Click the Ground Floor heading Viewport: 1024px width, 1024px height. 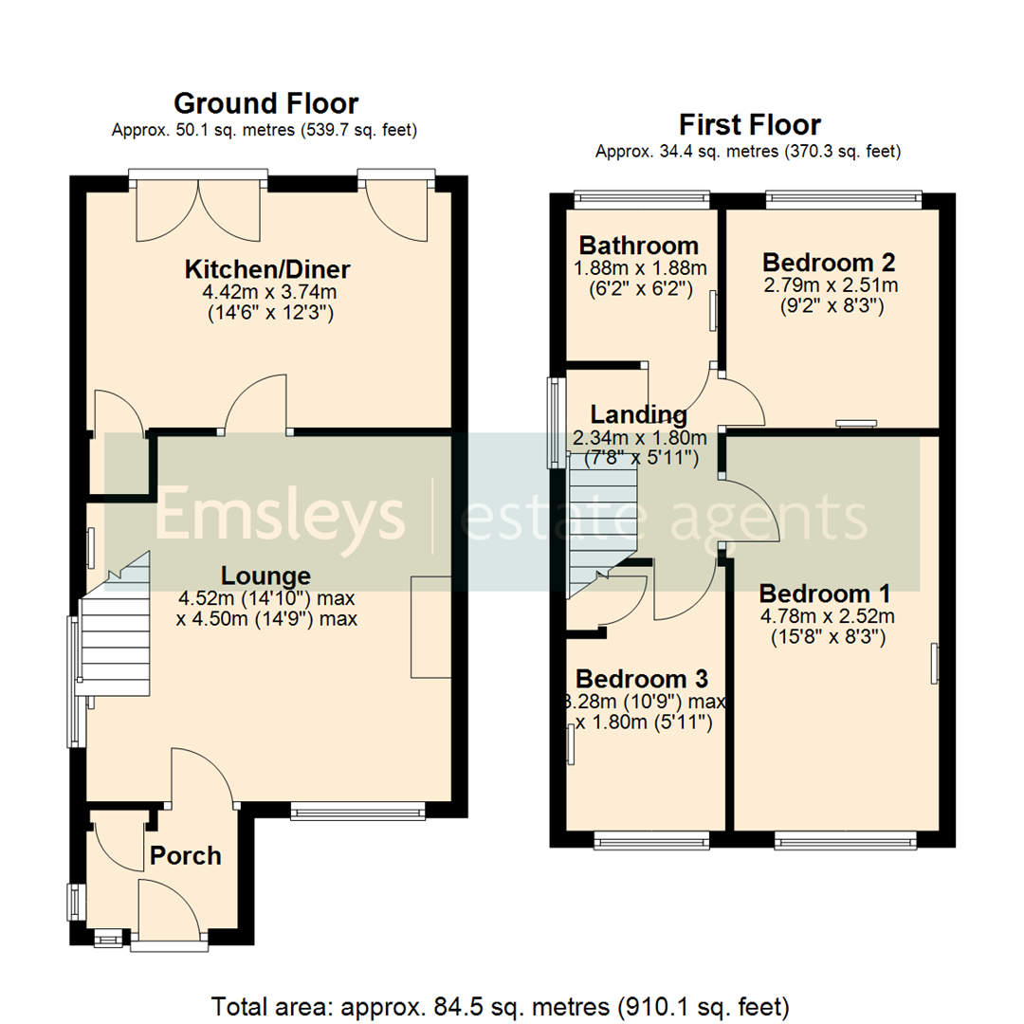[265, 102]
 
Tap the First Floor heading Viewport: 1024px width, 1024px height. [749, 124]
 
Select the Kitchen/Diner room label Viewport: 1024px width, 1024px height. [268, 269]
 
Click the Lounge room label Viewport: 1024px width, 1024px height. [265, 576]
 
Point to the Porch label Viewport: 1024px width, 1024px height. [186, 855]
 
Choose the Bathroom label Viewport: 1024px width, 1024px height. [640, 246]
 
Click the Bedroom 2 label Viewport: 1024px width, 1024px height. [830, 262]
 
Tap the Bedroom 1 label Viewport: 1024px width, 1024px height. [825, 594]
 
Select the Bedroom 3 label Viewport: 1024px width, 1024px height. [642, 679]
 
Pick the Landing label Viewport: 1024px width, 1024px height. [638, 414]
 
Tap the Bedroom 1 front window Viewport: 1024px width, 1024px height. [846, 839]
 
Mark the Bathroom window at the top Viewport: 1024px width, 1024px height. [642, 198]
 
